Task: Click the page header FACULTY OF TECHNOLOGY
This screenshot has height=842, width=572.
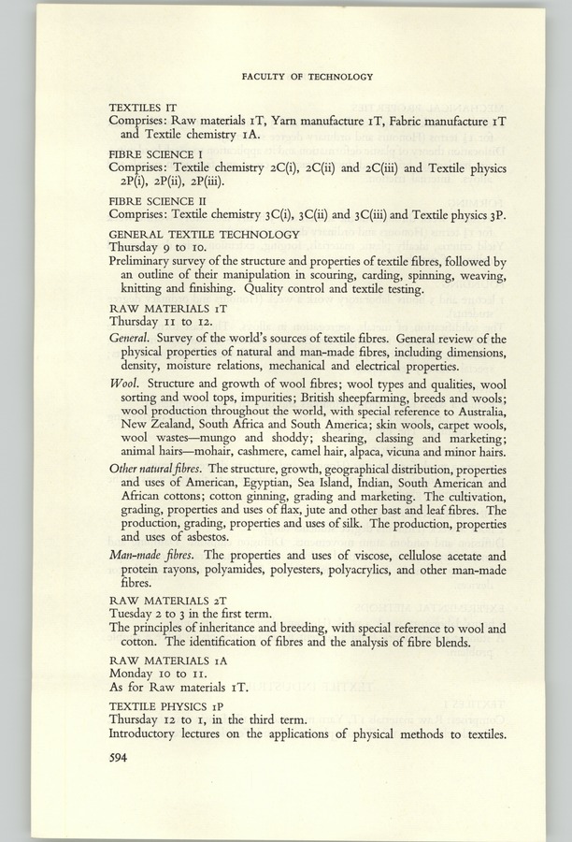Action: [x=307, y=78]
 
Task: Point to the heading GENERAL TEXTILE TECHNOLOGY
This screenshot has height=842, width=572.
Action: [x=204, y=234]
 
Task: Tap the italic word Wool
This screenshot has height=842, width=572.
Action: [x=124, y=384]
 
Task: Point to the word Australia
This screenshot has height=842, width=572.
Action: [x=476, y=412]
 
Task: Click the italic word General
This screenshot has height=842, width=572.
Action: [x=129, y=338]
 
